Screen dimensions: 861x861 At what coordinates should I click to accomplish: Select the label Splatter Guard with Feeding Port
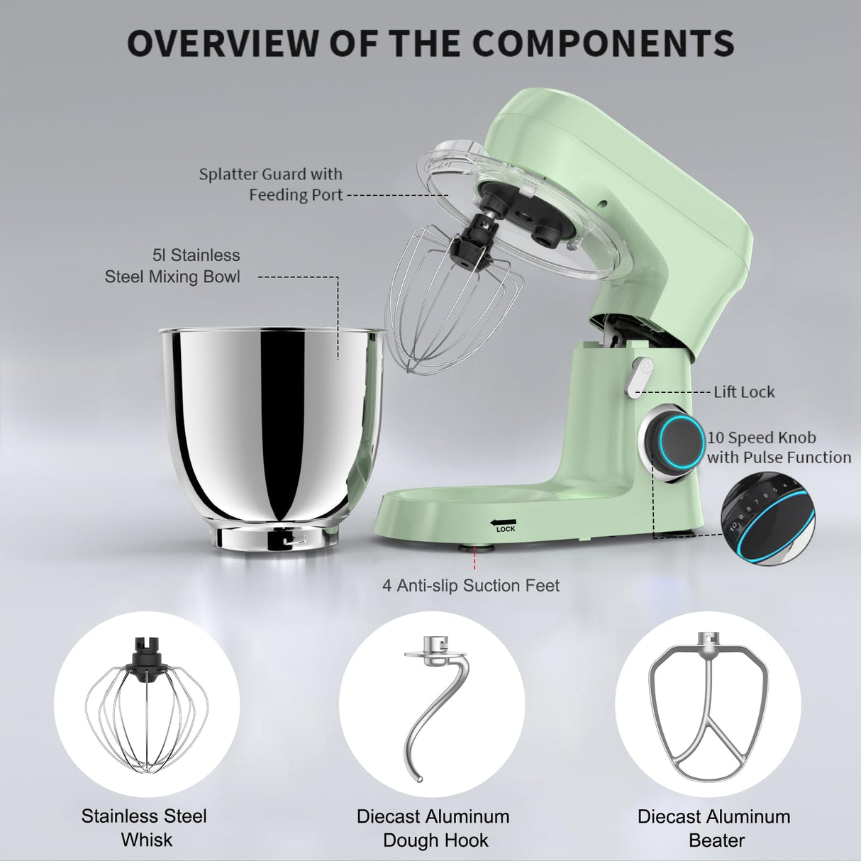click(x=271, y=184)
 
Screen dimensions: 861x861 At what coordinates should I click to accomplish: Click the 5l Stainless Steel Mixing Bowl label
click(x=173, y=266)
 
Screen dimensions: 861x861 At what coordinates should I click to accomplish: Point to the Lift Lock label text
click(x=744, y=392)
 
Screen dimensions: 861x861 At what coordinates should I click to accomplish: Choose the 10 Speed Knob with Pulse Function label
click(x=779, y=448)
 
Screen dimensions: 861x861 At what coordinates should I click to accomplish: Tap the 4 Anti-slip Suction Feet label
click(x=471, y=586)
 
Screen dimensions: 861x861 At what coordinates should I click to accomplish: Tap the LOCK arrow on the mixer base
click(x=502, y=525)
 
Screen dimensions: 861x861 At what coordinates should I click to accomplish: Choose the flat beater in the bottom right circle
click(x=709, y=709)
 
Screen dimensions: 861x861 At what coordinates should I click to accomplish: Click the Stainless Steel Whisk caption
click(x=145, y=828)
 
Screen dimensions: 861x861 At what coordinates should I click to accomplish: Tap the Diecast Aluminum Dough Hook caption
click(x=433, y=828)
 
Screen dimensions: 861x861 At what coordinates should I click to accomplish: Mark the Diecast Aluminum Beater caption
click(x=714, y=828)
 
